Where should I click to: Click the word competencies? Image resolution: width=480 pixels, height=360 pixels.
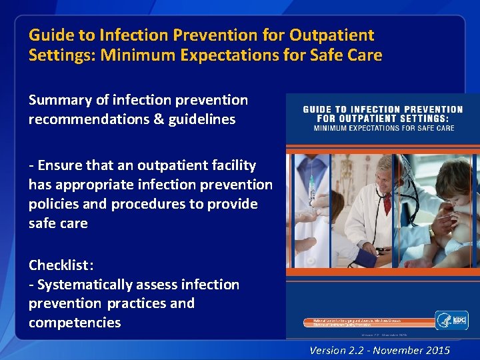tap(75, 323)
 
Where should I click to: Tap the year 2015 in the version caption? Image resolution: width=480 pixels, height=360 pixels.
tap(437, 350)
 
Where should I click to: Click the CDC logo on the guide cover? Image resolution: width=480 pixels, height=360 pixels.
tap(451, 320)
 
